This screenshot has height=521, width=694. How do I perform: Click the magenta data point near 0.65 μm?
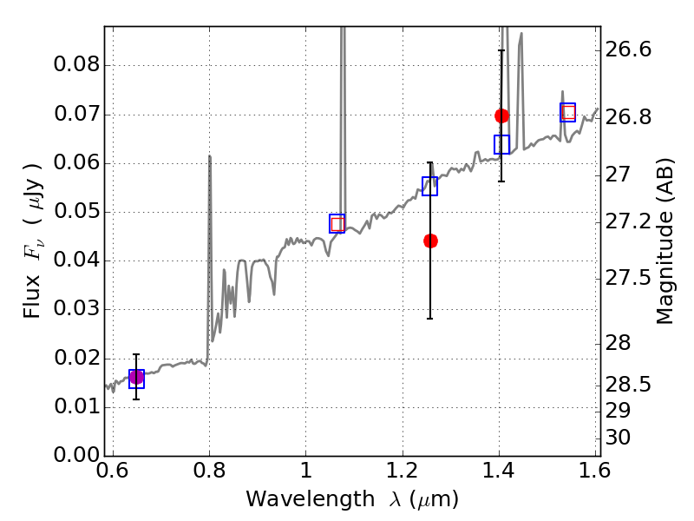coord(136,378)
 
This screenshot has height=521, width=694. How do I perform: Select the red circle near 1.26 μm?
coord(430,241)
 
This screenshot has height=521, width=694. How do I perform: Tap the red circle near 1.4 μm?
coord(501,116)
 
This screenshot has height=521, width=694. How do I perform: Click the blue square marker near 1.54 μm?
coord(568,113)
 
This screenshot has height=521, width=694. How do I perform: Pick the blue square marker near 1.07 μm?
coord(337,224)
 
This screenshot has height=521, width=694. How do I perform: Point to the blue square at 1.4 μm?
coord(501,144)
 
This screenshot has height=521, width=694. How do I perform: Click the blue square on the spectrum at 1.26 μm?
coord(429,186)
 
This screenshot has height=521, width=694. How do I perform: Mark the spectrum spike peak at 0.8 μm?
coord(209,156)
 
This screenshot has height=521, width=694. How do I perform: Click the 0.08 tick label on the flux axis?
coord(76,64)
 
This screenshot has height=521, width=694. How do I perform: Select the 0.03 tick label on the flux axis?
coord(76,308)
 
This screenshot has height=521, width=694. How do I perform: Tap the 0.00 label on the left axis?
coord(76,455)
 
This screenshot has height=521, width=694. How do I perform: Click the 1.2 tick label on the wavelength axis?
coord(403,471)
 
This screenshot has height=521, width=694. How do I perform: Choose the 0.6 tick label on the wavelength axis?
coord(113,471)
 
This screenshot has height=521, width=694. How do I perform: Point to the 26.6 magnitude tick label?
coord(628,49)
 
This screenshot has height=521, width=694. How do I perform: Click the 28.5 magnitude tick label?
coord(628,385)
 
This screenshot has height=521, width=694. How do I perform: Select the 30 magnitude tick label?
coord(618,438)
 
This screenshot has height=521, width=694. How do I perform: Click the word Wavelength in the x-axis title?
coord(311,499)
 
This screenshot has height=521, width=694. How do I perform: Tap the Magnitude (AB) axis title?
coord(665,241)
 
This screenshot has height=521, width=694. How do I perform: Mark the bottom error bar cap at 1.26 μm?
coord(429,319)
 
